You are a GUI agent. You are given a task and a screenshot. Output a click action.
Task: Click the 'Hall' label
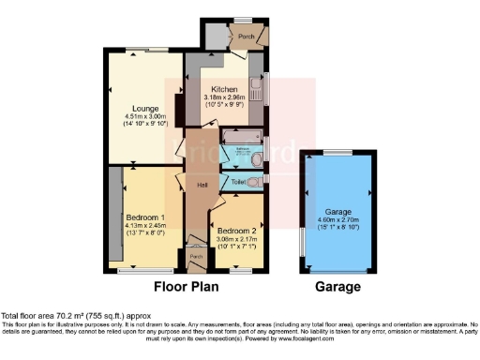coord(201,185)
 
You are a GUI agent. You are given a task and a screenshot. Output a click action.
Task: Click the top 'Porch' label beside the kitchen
coord(246,37)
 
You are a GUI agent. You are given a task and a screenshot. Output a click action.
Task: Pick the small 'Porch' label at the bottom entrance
coord(196,255)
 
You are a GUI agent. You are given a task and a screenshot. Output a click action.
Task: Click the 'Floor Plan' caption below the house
coord(187,287)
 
